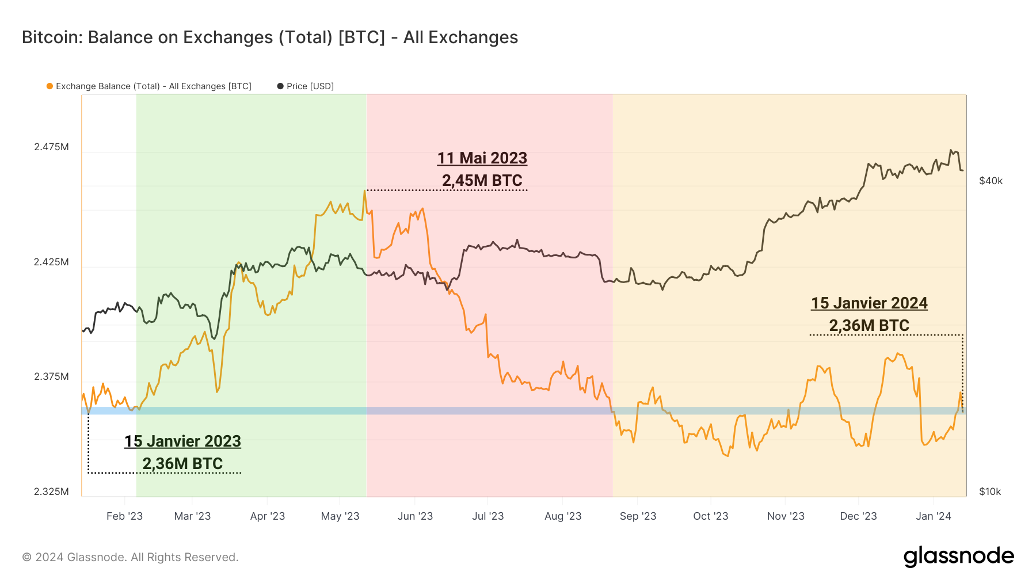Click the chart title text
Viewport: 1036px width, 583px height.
(x=270, y=37)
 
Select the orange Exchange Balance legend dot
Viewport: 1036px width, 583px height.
(x=49, y=86)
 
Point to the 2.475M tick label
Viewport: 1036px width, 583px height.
(x=51, y=147)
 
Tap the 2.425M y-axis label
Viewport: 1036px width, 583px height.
(x=51, y=262)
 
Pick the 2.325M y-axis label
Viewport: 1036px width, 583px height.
(x=51, y=491)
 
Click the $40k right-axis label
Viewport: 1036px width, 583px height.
(x=991, y=181)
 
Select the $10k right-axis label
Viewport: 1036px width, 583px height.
(x=990, y=491)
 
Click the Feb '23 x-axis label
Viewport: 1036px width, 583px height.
(x=124, y=516)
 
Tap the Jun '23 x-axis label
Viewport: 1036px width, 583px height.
(x=415, y=516)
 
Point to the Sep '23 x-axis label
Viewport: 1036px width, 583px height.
(x=638, y=516)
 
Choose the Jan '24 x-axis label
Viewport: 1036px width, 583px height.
(x=934, y=516)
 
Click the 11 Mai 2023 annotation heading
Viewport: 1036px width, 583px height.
(x=482, y=158)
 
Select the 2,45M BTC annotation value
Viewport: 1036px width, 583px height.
(x=482, y=181)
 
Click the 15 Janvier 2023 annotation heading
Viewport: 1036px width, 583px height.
(x=182, y=441)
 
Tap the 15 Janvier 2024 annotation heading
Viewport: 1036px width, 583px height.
(x=869, y=303)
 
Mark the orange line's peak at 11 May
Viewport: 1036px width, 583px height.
(x=364, y=191)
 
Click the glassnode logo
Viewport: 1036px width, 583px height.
(x=958, y=557)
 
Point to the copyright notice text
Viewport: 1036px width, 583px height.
(x=130, y=557)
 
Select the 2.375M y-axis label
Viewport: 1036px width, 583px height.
(x=51, y=376)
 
